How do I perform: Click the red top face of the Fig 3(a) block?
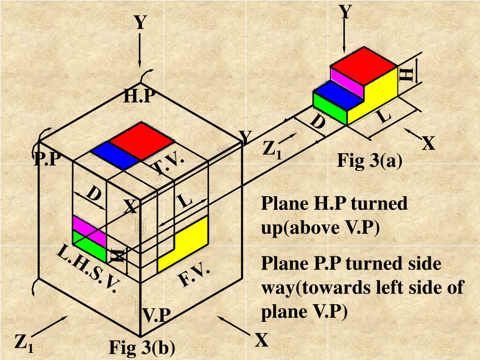click(x=364, y=66)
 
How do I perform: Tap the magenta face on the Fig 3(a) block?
click(x=347, y=82)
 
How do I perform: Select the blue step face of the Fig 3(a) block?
click(x=338, y=96)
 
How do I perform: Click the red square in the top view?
click(x=142, y=141)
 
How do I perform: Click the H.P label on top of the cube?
click(x=140, y=96)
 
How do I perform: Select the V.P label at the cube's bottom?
click(x=157, y=315)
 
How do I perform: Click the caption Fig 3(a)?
click(x=369, y=160)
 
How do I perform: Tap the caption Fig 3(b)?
click(x=142, y=348)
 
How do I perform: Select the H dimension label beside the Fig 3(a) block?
click(x=406, y=75)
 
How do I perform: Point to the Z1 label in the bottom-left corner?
click(x=23, y=344)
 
